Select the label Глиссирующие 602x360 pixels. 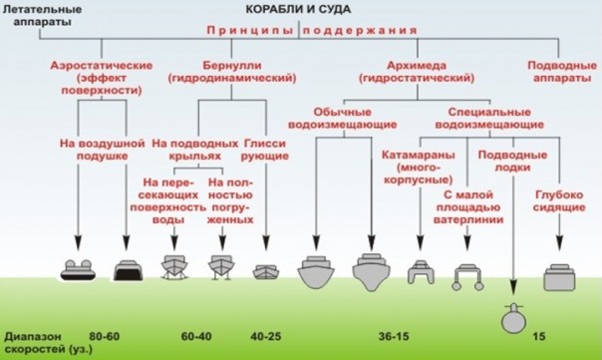tap(265, 152)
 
